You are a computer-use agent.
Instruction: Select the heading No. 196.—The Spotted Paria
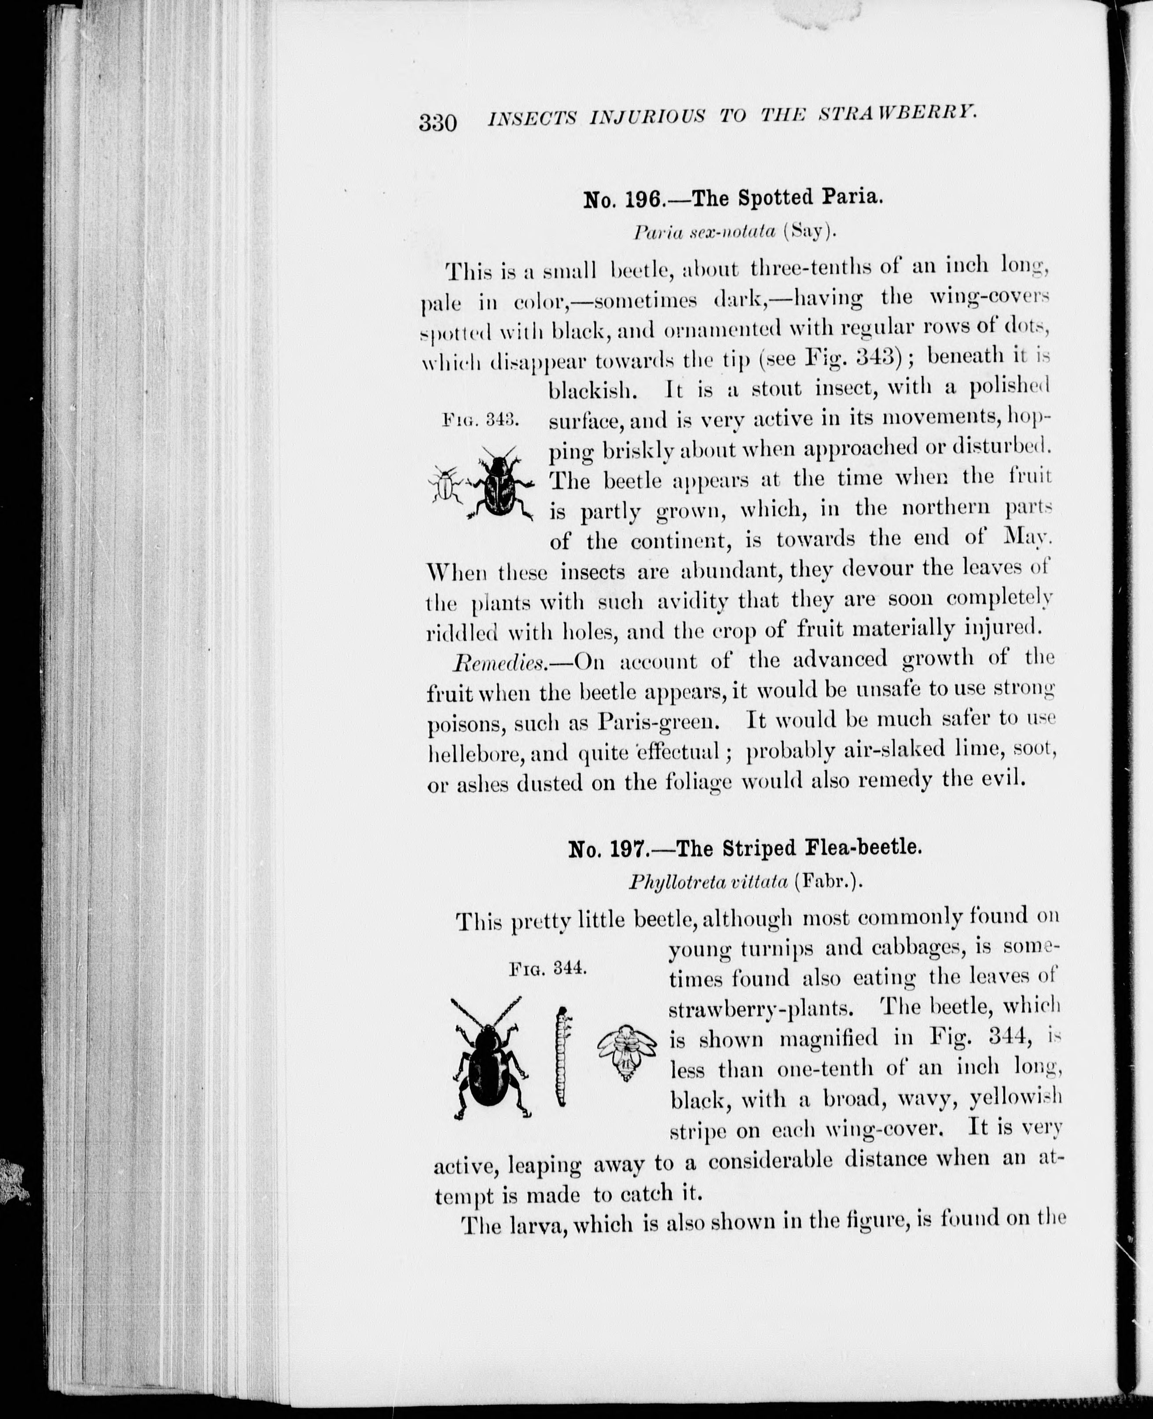[x=733, y=198]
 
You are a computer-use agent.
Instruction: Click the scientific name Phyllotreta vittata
[x=707, y=882]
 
